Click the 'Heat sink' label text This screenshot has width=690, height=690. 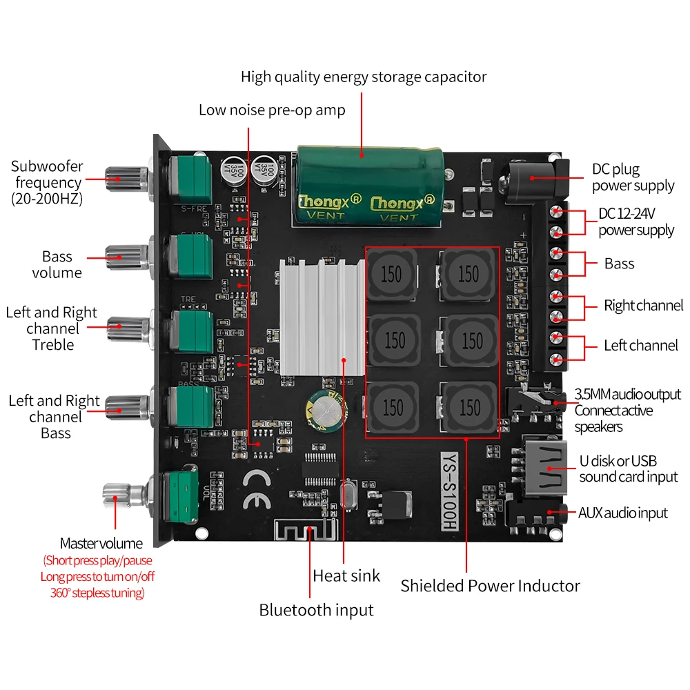point(346,575)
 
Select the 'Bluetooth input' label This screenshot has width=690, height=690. point(316,610)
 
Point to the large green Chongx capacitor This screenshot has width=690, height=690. point(365,184)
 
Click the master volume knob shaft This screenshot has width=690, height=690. point(124,493)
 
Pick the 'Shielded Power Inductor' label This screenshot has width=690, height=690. point(490,586)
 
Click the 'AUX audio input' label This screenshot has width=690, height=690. point(622,513)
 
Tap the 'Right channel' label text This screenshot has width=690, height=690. point(643,305)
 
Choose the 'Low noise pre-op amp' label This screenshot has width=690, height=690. point(272,110)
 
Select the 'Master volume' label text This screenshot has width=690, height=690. point(101,544)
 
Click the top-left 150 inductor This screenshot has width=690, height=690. point(391,273)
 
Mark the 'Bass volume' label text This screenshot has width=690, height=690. point(57,264)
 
